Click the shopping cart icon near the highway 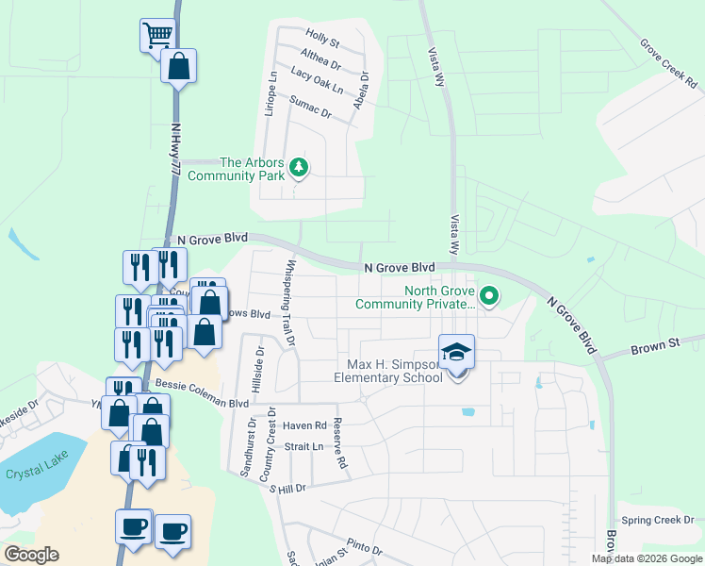tap(157, 36)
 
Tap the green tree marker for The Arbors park tap(300, 168)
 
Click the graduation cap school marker tap(456, 352)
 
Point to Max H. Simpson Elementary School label tap(388, 371)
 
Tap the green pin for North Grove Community tap(488, 297)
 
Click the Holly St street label tap(322, 41)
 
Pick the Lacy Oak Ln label tap(318, 80)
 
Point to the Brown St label tap(662, 346)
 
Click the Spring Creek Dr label tap(657, 520)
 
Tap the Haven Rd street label tap(303, 425)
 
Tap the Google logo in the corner tap(30, 555)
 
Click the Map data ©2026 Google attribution tap(647, 558)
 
